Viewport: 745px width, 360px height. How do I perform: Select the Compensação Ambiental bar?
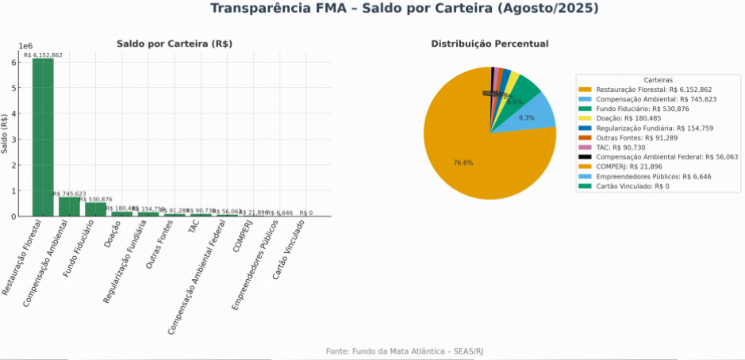click(x=69, y=206)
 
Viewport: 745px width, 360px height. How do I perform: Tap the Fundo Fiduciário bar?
click(x=95, y=209)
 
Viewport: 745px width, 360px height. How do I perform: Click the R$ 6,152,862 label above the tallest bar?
click(x=43, y=56)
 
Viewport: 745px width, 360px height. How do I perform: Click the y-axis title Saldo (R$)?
click(x=6, y=133)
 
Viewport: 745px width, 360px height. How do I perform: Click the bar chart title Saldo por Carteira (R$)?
click(x=174, y=44)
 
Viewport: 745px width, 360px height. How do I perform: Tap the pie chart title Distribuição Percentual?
click(x=490, y=44)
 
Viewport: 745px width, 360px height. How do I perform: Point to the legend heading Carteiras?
click(x=658, y=80)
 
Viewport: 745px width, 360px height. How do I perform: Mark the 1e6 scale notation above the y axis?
click(x=26, y=48)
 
